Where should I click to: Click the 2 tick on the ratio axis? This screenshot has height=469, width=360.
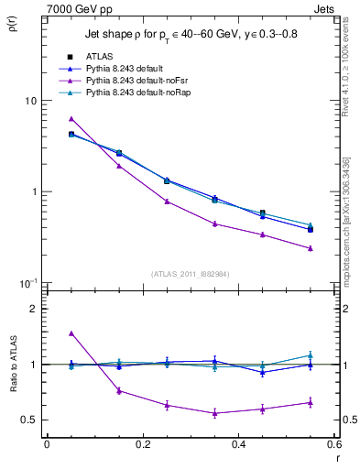(33, 310)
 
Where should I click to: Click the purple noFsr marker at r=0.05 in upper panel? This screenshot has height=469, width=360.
(71, 118)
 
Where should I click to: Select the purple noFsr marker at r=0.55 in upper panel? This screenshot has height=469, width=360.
(311, 248)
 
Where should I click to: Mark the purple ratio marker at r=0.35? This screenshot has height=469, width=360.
(214, 413)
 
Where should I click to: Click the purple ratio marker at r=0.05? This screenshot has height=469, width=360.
(71, 333)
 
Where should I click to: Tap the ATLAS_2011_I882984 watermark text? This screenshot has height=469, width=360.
(191, 274)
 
